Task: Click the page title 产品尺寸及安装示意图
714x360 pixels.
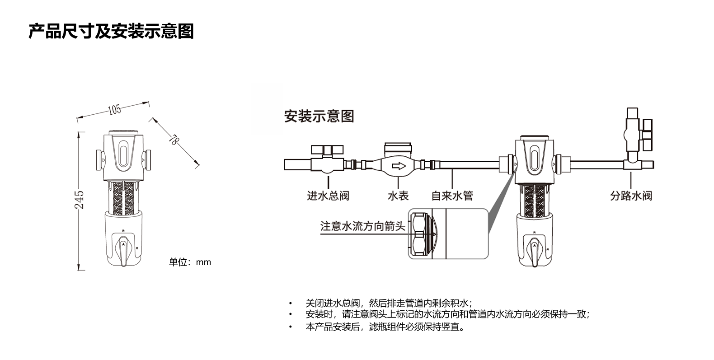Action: [x=111, y=31]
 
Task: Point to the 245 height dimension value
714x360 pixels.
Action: [x=79, y=199]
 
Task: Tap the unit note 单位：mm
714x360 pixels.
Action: [x=190, y=262]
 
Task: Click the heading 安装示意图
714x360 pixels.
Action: [x=319, y=116]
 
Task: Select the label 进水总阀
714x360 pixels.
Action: [x=328, y=196]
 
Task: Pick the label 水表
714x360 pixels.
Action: [x=398, y=196]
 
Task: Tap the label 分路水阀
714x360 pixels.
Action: [x=631, y=196]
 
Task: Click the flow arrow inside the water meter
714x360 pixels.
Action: [x=399, y=166]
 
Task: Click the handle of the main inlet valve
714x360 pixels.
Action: [x=328, y=149]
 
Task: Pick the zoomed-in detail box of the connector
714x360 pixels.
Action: [x=448, y=234]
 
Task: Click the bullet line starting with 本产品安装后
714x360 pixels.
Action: [x=385, y=327]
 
